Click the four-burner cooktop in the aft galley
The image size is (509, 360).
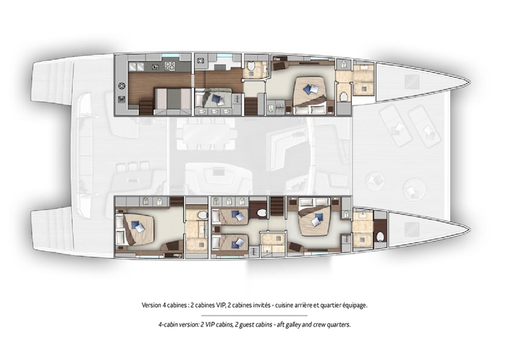(x=169, y=66)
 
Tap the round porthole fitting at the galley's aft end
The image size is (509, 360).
(x=121, y=85)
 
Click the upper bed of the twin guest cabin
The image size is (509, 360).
(x=232, y=217)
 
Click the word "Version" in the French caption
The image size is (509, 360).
(x=153, y=305)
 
